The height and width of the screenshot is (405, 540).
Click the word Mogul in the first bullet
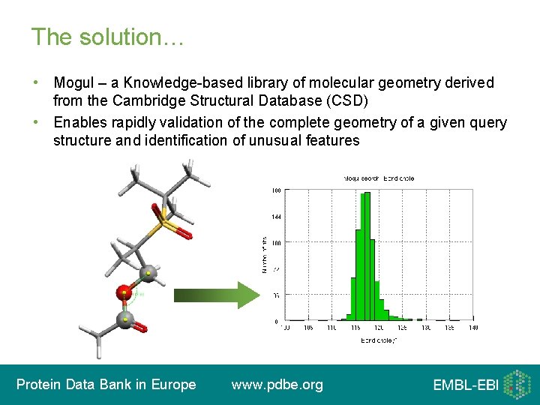click(73, 82)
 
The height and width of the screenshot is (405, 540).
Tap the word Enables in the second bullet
click(79, 122)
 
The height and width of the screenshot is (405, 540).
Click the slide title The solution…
click(107, 37)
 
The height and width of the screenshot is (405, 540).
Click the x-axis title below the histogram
click(378, 340)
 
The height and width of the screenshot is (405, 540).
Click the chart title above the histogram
click(379, 178)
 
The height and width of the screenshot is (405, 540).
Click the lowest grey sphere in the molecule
click(125, 320)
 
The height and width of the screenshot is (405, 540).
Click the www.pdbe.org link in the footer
click(277, 385)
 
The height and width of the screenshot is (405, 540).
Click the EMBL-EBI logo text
click(465, 385)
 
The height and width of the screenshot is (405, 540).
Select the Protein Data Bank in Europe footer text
click(106, 385)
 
